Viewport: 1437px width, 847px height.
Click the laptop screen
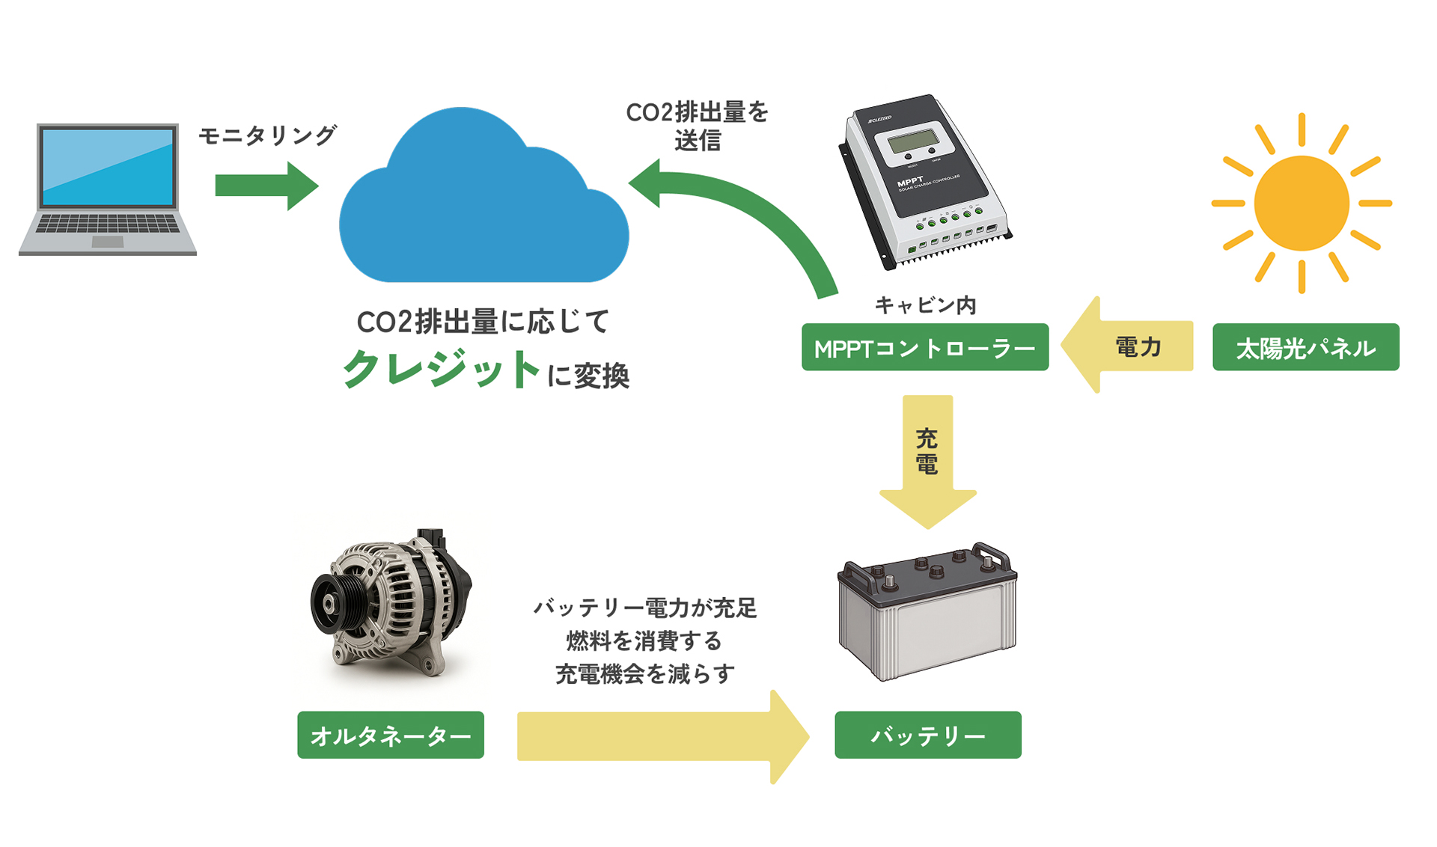click(x=108, y=166)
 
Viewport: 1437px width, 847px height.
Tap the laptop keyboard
click(x=108, y=224)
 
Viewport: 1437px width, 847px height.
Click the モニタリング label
click(x=267, y=135)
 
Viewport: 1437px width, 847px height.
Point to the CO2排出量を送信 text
click(x=697, y=126)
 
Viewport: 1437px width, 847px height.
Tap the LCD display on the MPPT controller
click(x=912, y=141)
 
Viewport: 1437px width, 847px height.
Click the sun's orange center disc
click(x=1301, y=203)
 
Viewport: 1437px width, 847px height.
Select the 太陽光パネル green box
click(x=1305, y=347)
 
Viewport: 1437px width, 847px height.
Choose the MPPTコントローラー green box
click(x=924, y=347)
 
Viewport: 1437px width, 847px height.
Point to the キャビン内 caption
click(x=925, y=305)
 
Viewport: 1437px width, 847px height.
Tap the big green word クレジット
click(x=442, y=370)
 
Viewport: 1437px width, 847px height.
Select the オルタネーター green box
click(x=390, y=735)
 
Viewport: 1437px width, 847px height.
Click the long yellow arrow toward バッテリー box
click(x=659, y=736)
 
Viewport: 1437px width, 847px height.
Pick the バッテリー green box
click(x=927, y=735)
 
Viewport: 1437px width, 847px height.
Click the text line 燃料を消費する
click(x=644, y=640)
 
